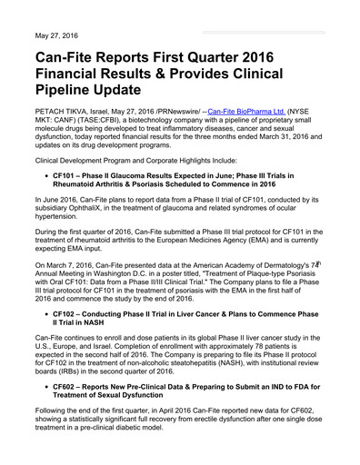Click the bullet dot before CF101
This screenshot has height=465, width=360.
(44, 173)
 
